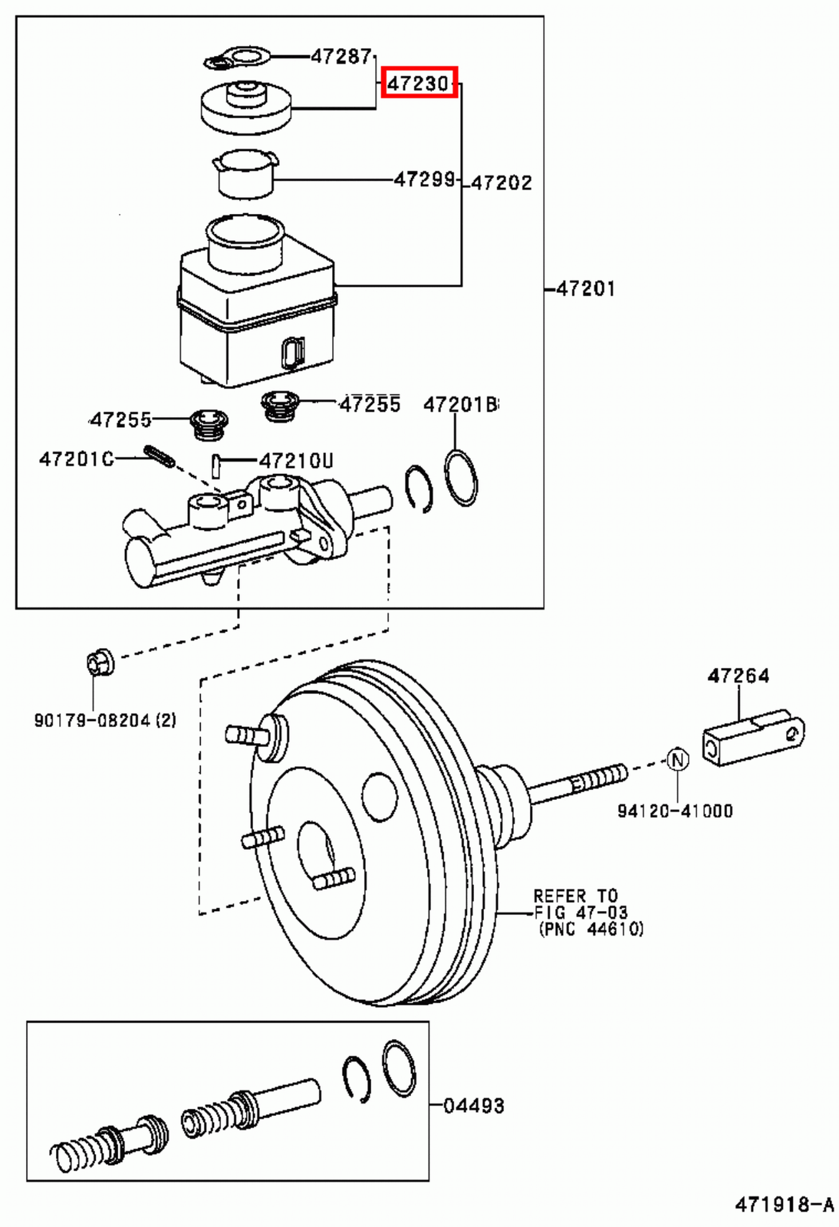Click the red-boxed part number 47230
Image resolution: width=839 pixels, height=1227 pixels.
tap(419, 83)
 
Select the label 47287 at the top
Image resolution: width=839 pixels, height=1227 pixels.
tap(341, 56)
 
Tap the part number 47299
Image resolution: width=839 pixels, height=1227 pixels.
tap(424, 179)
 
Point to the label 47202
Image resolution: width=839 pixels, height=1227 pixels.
tap(501, 183)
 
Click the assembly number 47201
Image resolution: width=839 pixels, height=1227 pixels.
tap(585, 289)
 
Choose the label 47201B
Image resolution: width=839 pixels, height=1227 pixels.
tap(460, 404)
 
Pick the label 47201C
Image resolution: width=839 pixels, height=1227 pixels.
tap(76, 459)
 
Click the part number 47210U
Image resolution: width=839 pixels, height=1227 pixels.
tap(296, 461)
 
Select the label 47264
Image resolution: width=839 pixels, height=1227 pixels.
tap(738, 676)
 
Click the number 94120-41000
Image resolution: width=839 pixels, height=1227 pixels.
tap(675, 811)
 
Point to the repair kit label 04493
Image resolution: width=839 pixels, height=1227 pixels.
tap(474, 1106)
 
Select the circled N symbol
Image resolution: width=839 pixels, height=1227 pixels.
tap(677, 760)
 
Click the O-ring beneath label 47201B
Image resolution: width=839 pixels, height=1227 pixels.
tap(461, 479)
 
